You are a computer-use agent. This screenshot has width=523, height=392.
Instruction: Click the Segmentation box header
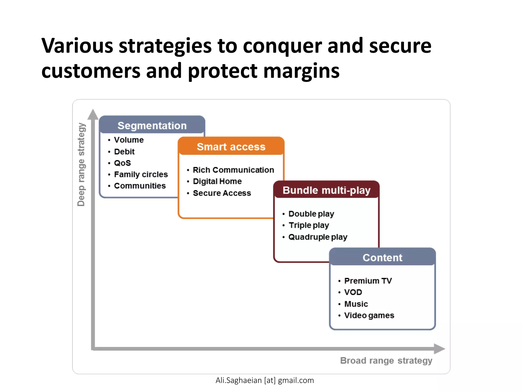point(152,126)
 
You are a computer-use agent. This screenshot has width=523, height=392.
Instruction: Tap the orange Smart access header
point(231,147)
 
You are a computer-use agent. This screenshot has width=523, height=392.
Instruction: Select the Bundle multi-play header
point(326,190)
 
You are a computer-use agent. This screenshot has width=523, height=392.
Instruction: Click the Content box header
point(382,258)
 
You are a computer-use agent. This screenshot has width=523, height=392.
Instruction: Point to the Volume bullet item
point(129,140)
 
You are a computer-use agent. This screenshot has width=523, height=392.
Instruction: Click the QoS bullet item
point(122,163)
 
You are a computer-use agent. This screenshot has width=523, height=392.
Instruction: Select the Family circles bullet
point(141,174)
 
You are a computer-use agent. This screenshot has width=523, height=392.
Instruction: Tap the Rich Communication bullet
point(233,170)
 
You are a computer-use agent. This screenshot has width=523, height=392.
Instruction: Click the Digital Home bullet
point(217,181)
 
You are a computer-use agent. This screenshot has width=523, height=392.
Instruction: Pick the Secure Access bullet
point(222,193)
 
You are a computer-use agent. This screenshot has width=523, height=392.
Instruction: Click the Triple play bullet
point(308,225)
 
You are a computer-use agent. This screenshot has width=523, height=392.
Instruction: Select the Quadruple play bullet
point(318,237)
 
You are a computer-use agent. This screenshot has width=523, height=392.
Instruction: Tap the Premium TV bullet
point(368,281)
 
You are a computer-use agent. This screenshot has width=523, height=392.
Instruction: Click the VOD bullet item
point(353,292)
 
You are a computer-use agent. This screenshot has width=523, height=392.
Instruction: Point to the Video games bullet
point(369,315)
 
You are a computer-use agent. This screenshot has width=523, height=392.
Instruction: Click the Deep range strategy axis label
point(81,164)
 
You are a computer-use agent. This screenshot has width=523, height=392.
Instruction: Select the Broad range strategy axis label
point(386,360)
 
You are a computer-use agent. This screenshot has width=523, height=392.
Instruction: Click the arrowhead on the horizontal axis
point(439,349)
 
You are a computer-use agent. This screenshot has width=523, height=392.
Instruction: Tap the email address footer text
point(265,380)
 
